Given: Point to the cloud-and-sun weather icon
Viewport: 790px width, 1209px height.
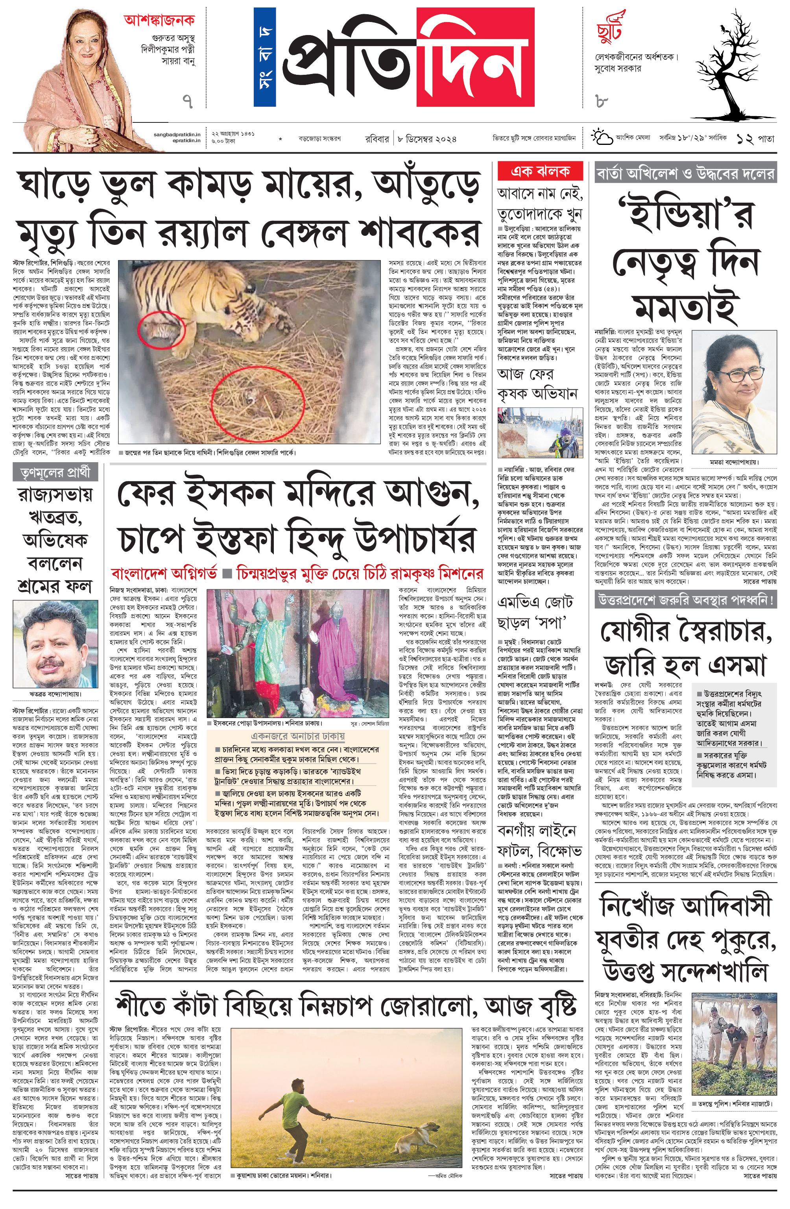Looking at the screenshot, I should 601,137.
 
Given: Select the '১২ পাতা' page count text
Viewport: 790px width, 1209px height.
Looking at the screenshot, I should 756,138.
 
